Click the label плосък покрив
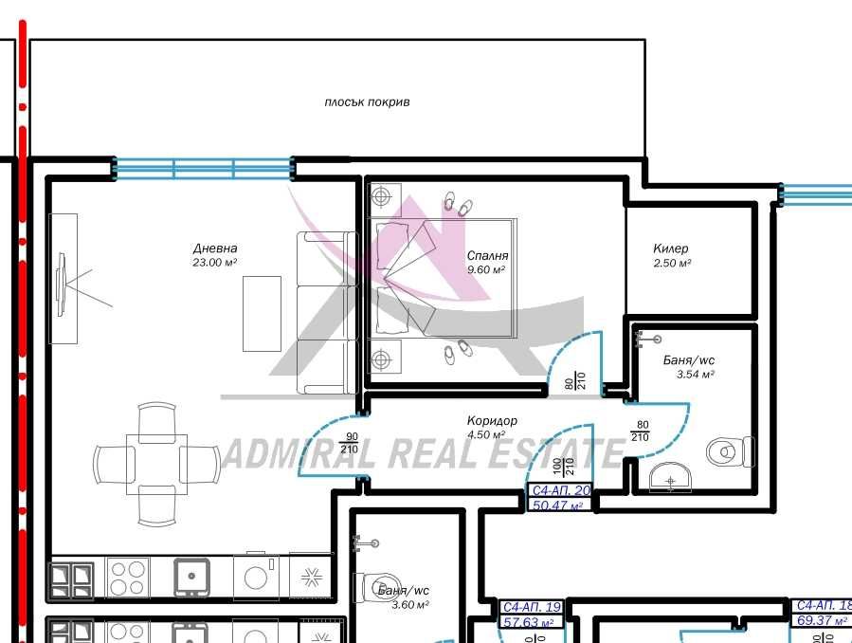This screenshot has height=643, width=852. (367, 102)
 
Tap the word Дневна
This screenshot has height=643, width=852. (214, 248)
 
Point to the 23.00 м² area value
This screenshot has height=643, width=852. (214, 263)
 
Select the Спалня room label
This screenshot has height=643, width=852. (487, 256)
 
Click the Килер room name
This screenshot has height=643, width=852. (671, 248)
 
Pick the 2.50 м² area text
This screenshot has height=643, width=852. (671, 263)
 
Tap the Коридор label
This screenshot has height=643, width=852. (492, 421)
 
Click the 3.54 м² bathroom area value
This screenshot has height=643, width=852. (695, 375)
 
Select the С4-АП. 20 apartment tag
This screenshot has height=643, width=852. (561, 490)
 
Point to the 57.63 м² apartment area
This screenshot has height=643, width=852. (531, 623)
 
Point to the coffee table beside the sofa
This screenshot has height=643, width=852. (262, 313)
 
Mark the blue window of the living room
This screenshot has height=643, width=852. (203, 169)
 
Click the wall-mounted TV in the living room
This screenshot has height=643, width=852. (63, 280)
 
